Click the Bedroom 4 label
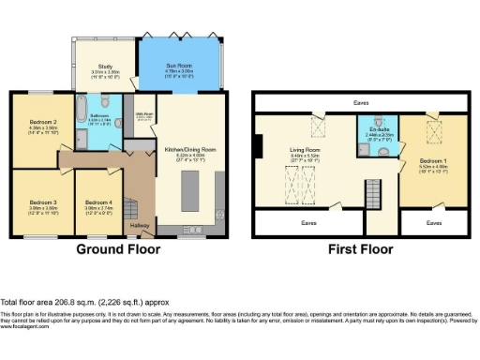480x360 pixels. tap(99, 202)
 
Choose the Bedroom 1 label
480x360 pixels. tap(433, 160)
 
